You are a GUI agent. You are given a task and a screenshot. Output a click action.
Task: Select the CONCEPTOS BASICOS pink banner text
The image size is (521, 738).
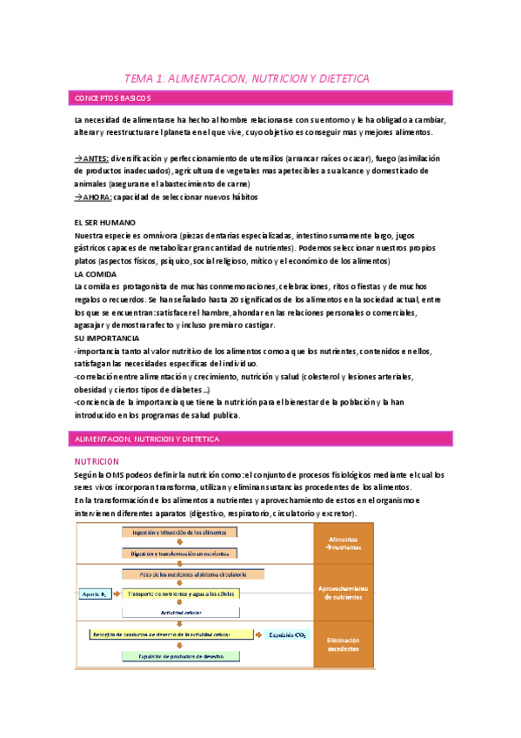pyautogui.click(x=113, y=97)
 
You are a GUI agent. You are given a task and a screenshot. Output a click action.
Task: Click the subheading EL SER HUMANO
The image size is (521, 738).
pyautogui.click(x=104, y=223)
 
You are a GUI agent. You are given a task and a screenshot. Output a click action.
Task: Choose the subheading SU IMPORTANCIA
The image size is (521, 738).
pyautogui.click(x=108, y=337)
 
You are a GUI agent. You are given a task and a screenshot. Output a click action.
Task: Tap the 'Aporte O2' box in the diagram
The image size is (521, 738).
pyautogui.click(x=94, y=593)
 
